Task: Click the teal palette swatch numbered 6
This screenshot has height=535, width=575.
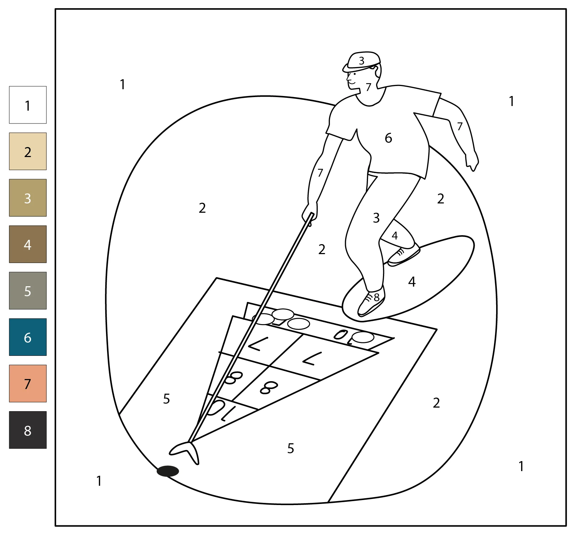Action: (28, 337)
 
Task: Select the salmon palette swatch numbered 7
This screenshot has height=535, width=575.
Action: (28, 383)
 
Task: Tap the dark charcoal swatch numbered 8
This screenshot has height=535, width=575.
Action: (28, 430)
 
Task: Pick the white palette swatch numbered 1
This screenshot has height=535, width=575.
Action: (28, 105)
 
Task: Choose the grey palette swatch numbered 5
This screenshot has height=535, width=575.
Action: (28, 291)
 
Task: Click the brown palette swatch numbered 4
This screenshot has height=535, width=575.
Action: (28, 244)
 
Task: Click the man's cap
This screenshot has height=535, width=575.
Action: (361, 61)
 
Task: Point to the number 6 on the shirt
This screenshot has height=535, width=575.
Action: (388, 138)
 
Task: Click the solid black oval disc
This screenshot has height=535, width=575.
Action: (168, 471)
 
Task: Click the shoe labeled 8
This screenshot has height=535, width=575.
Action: (371, 302)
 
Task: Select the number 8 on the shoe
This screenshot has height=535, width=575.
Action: (377, 297)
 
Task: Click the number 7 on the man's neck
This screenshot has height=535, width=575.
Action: (369, 87)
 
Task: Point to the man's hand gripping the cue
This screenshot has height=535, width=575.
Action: (309, 213)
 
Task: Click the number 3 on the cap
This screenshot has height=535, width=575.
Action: (362, 61)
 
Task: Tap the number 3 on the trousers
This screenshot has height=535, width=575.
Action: (376, 218)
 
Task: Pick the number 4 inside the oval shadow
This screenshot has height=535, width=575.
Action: (412, 282)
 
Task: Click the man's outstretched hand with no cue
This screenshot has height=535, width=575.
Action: (472, 161)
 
